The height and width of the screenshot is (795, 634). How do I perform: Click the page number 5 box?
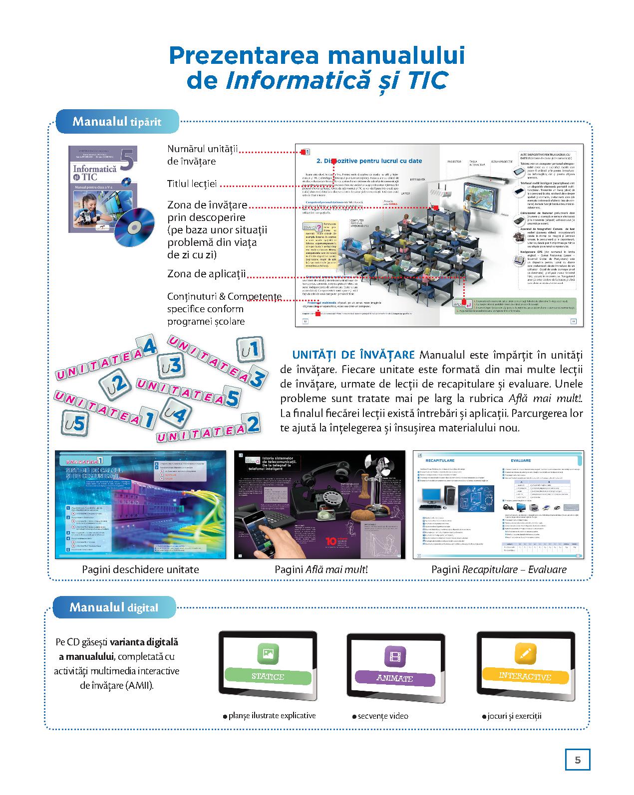click(x=578, y=760)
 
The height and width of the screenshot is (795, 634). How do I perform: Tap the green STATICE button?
click(x=268, y=676)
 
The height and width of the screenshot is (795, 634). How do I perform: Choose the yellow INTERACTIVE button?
click(x=525, y=676)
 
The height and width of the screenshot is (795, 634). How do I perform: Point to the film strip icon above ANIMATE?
click(x=395, y=655)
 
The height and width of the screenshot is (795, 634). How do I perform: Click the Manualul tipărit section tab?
click(x=117, y=121)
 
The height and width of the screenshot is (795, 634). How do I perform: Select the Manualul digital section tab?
click(x=114, y=607)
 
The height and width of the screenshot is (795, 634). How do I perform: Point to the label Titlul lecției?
click(x=192, y=184)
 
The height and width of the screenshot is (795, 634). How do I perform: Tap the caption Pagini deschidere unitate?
click(x=140, y=569)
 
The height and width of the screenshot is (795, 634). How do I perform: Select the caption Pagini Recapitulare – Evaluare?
click(x=499, y=569)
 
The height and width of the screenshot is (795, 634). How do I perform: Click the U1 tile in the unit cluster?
click(x=249, y=350)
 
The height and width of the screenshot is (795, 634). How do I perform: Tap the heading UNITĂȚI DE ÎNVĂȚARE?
click(x=353, y=355)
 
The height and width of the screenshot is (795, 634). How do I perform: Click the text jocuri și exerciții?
click(x=514, y=716)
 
